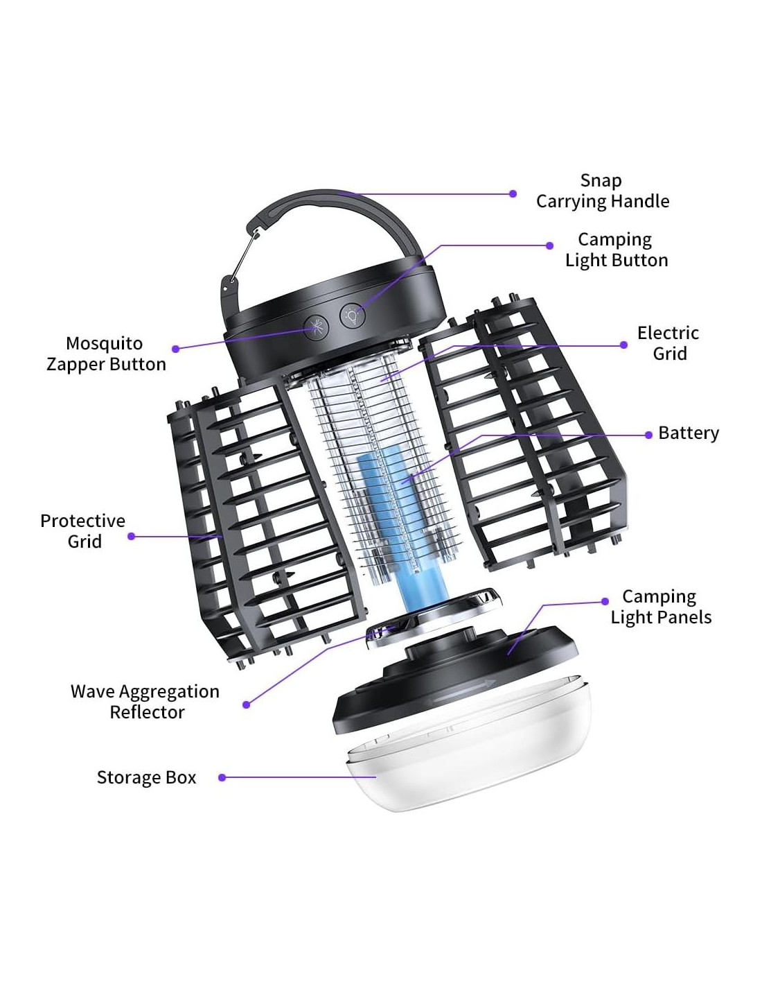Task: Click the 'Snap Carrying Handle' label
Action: tap(602, 191)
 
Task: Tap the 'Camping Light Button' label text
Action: tap(616, 250)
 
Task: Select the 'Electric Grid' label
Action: tap(668, 343)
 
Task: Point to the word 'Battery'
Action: tap(688, 433)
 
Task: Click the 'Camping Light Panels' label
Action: tap(660, 607)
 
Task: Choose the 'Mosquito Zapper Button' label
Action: tap(105, 354)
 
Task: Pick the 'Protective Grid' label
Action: tap(83, 531)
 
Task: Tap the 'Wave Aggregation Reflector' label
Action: tap(145, 702)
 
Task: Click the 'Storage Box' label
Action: tap(146, 778)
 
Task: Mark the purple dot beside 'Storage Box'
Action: tap(222, 778)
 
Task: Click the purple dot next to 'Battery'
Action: tap(648, 435)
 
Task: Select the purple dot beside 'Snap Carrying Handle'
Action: tap(513, 194)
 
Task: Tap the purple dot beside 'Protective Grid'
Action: tap(132, 536)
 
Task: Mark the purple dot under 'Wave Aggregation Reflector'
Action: tap(246, 705)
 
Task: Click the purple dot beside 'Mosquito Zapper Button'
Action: tap(176, 349)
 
